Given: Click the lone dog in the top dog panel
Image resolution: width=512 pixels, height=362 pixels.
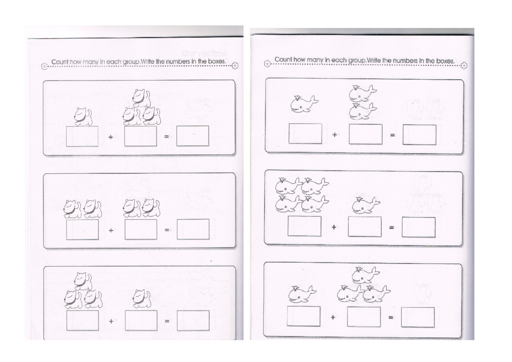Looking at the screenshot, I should tap(83, 116).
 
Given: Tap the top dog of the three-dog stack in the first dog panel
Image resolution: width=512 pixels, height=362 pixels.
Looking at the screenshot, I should tap(142, 98).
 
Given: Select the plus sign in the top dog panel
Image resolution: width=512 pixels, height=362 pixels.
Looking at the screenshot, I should tap(111, 137).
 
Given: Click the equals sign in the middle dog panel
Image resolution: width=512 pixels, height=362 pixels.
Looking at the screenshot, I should tap(167, 230).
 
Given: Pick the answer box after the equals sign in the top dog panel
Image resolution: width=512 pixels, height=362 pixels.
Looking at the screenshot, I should tap(193, 136).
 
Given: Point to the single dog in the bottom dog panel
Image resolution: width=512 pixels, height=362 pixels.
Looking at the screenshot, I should tap(142, 298).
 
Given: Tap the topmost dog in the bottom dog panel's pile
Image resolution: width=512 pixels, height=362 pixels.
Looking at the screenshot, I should tap(83, 281).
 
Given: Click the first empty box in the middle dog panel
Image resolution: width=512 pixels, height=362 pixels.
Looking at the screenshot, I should tap(82, 229).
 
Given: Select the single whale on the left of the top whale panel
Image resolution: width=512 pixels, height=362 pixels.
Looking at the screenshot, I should tap(304, 104).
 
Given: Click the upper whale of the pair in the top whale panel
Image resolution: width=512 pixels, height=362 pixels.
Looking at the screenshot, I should tap(362, 93).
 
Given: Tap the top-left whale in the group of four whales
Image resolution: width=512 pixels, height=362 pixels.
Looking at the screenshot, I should tap(287, 186).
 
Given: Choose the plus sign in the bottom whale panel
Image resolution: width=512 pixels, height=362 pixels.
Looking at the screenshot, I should tap(333, 317).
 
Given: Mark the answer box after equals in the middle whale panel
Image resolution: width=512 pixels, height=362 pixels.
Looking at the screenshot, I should tap(419, 227).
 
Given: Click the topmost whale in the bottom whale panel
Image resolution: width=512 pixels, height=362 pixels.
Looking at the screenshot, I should tap(365, 275).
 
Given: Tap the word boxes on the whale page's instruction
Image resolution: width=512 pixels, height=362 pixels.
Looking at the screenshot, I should tap(445, 61).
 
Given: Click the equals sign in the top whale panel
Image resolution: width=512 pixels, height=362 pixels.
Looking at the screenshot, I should tap(392, 135).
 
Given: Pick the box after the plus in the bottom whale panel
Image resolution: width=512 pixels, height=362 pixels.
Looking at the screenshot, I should tap(364, 317).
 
